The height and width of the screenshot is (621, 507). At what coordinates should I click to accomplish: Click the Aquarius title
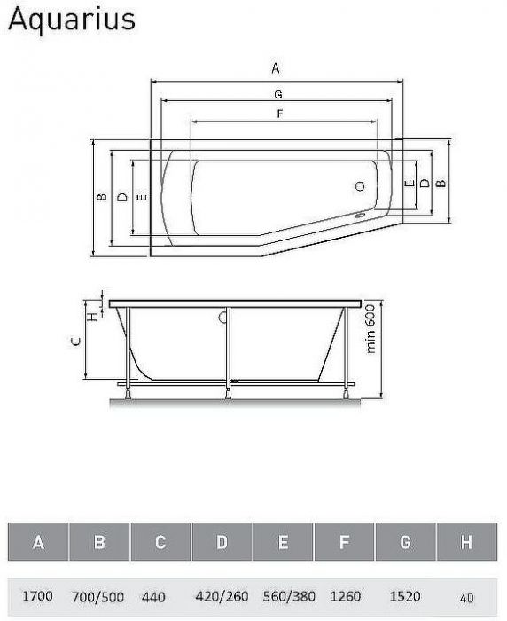72,20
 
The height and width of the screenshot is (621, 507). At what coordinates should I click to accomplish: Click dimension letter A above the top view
276,68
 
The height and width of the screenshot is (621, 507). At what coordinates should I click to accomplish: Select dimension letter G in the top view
277,93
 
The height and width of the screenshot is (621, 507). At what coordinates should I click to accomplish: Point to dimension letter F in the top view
279,114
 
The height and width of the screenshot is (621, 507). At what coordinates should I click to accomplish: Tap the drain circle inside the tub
360,186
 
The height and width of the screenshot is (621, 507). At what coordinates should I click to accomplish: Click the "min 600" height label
371,333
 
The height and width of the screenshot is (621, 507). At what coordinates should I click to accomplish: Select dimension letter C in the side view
76,340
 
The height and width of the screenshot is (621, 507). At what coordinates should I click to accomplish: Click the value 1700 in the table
38,597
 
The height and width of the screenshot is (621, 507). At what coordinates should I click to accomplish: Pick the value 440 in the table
154,597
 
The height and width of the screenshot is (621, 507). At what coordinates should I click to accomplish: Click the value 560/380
282,597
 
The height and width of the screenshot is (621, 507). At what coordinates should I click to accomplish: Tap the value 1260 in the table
344,597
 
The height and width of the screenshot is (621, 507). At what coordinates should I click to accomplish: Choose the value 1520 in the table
405,597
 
